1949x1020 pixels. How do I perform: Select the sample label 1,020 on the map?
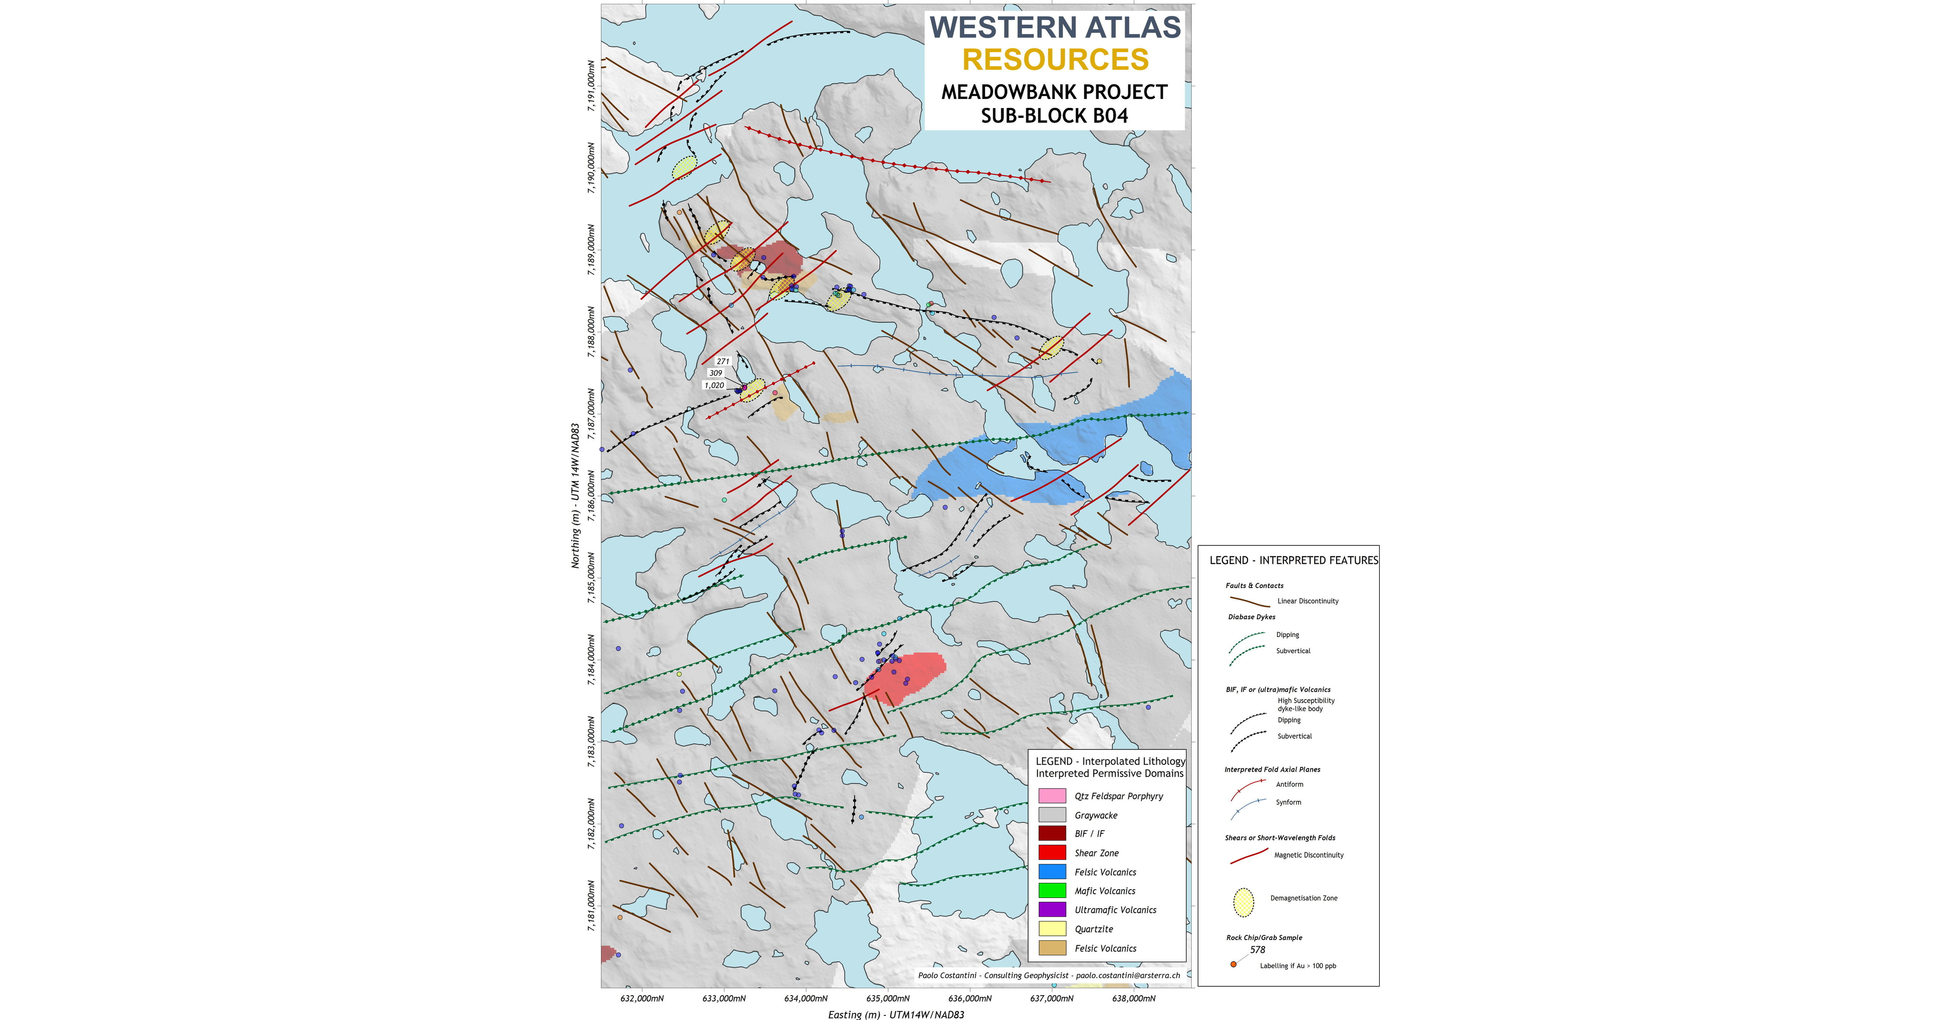(714, 385)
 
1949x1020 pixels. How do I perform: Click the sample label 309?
(716, 373)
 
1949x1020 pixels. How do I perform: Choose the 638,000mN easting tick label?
(1133, 998)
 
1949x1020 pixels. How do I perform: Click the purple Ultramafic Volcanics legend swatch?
(1052, 910)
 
